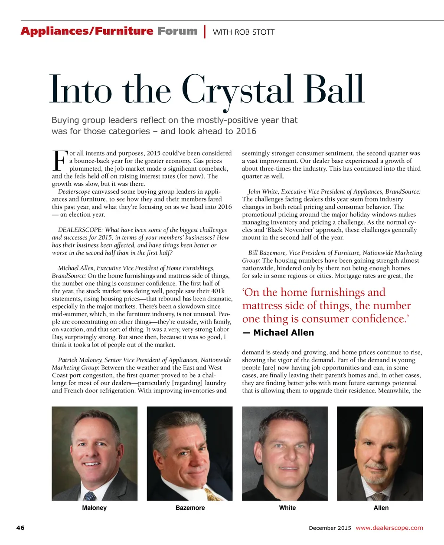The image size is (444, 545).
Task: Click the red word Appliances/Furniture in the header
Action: pos(87,31)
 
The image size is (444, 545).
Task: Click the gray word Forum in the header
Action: pos(177,31)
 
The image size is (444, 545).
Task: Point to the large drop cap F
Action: pos(60,161)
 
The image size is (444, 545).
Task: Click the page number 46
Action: pos(20,528)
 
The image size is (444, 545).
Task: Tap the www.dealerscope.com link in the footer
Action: pos(389,528)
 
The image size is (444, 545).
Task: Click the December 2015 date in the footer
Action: pos(330,528)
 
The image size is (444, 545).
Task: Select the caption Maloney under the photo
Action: pos(94,508)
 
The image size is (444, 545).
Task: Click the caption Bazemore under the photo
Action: pos(190,508)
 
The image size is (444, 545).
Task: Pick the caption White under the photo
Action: pos(287,508)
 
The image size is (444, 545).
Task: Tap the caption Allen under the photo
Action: pos(381,508)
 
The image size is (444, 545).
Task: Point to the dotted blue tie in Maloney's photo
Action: pos(90,495)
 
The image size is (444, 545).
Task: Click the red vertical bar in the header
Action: pos(205,32)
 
